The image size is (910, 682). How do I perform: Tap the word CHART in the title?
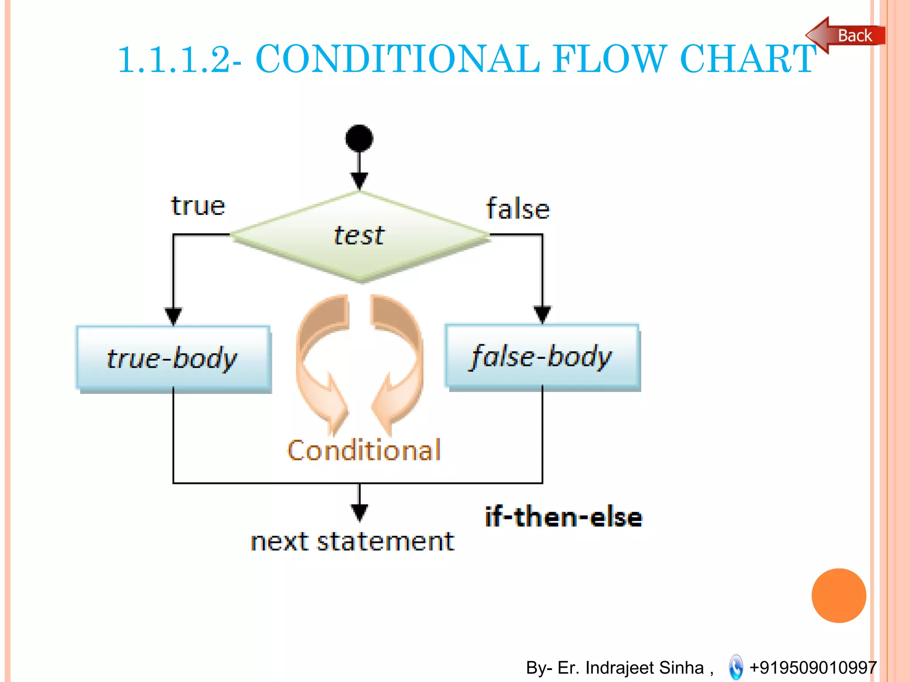click(x=748, y=59)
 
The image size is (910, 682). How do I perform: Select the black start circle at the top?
click(x=359, y=139)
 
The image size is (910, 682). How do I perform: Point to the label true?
click(x=198, y=206)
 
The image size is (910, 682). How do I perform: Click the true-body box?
click(x=173, y=358)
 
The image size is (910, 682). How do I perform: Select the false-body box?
click(x=542, y=357)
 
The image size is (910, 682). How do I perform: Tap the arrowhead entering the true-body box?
click(x=173, y=316)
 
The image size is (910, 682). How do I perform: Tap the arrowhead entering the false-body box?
click(x=542, y=314)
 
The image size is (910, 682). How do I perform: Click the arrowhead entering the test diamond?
click(x=359, y=180)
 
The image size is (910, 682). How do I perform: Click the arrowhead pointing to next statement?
click(x=359, y=512)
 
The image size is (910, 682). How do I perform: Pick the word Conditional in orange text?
click(x=364, y=450)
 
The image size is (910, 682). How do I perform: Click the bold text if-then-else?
click(x=563, y=517)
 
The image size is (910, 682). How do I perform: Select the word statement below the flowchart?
click(x=385, y=542)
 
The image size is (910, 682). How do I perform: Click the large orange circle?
click(x=838, y=595)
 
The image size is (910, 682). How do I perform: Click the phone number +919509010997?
click(x=813, y=667)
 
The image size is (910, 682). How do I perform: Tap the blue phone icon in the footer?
click(x=736, y=667)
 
